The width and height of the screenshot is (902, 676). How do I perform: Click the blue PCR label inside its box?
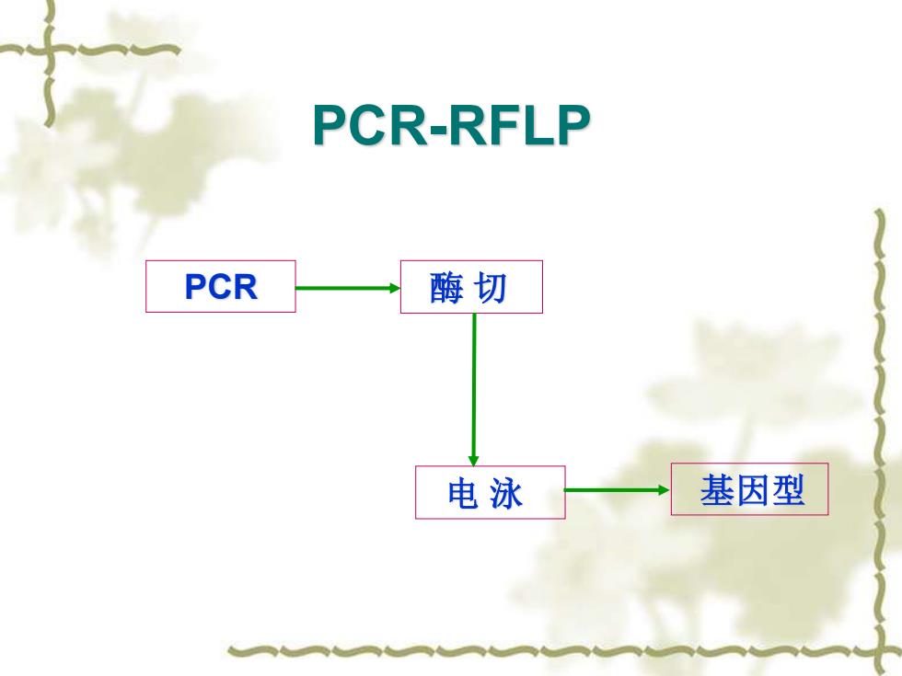221,286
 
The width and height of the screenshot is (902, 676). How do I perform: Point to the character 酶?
446,287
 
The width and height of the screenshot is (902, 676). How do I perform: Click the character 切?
490,287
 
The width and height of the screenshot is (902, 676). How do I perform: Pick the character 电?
462,493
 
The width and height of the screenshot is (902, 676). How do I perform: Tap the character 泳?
506,493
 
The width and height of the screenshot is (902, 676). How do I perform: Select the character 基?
717,490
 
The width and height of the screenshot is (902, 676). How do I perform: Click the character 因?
753,490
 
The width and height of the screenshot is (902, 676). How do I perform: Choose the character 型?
788,490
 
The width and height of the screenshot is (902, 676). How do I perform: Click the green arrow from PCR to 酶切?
348,288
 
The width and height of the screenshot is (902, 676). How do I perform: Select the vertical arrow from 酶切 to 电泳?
473,390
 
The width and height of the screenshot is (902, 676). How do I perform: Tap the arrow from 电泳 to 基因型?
618,490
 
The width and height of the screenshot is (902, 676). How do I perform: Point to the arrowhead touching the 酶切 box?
395,288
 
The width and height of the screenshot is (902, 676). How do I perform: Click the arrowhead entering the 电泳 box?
473,461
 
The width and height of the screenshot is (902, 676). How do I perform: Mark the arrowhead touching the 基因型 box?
664,490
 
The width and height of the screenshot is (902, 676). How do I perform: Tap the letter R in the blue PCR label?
245,286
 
